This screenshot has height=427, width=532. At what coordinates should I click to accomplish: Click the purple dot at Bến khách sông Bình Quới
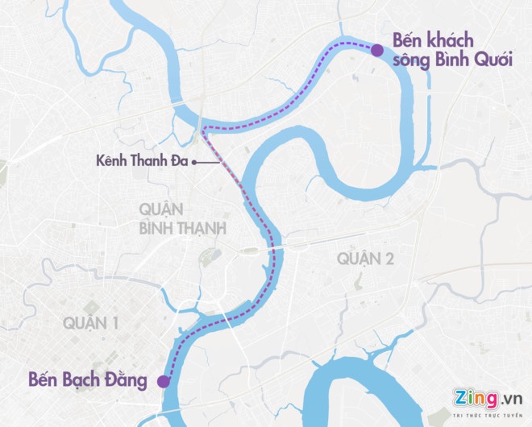click(376, 50)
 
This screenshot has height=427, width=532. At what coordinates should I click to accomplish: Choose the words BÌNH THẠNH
click(181, 228)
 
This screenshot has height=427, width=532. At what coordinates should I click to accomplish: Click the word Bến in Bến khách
click(407, 39)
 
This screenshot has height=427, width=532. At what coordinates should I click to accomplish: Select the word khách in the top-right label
click(451, 39)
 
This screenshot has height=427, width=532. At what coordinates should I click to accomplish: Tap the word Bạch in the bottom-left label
click(81, 378)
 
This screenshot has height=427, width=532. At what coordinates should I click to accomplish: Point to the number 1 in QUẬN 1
click(115, 323)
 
